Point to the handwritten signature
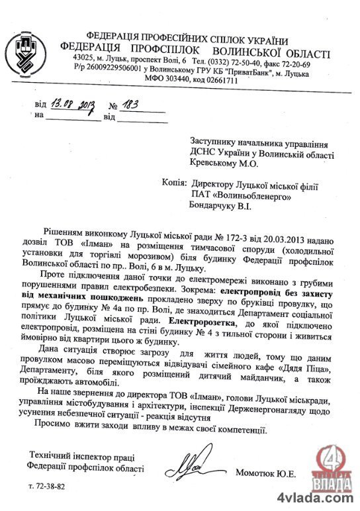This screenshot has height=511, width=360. [192, 472]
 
